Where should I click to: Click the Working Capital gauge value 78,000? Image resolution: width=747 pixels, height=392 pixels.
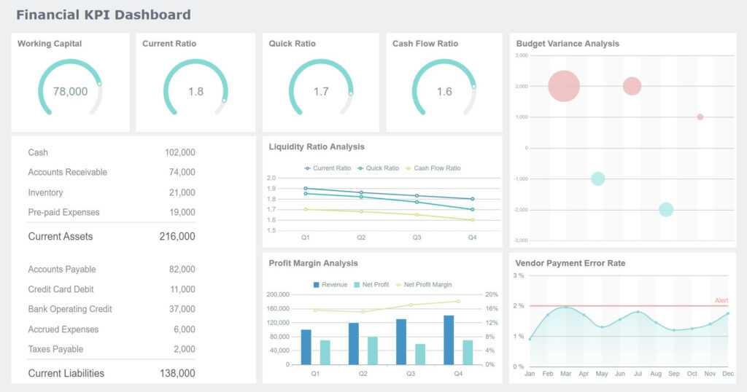[x=70, y=92]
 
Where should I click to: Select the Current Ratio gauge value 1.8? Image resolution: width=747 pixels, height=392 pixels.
[x=196, y=92]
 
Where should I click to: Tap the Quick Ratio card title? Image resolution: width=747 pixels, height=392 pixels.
[x=292, y=44]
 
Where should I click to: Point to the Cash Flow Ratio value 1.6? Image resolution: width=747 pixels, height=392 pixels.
[x=444, y=92]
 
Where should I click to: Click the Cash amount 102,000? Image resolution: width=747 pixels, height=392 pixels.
[x=179, y=153]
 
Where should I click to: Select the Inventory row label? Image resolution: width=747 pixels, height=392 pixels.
[x=45, y=193]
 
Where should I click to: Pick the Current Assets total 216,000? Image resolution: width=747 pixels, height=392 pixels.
[x=177, y=237]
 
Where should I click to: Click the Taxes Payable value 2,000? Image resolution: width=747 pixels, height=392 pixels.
[x=184, y=350]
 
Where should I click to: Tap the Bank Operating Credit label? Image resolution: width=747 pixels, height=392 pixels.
[x=70, y=310]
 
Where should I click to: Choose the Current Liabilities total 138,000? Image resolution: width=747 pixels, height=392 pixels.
[x=177, y=374]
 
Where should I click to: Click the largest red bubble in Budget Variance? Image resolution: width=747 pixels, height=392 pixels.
[x=563, y=86]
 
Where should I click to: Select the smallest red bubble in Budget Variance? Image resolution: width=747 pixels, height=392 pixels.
[x=700, y=117]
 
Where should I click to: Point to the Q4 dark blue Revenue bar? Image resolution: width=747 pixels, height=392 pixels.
[x=449, y=340]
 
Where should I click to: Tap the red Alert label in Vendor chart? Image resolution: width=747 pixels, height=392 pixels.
[x=721, y=300]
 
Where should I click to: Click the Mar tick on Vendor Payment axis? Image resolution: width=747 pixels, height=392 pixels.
[x=565, y=374]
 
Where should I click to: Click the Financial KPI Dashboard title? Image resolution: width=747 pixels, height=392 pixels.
[x=103, y=15]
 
